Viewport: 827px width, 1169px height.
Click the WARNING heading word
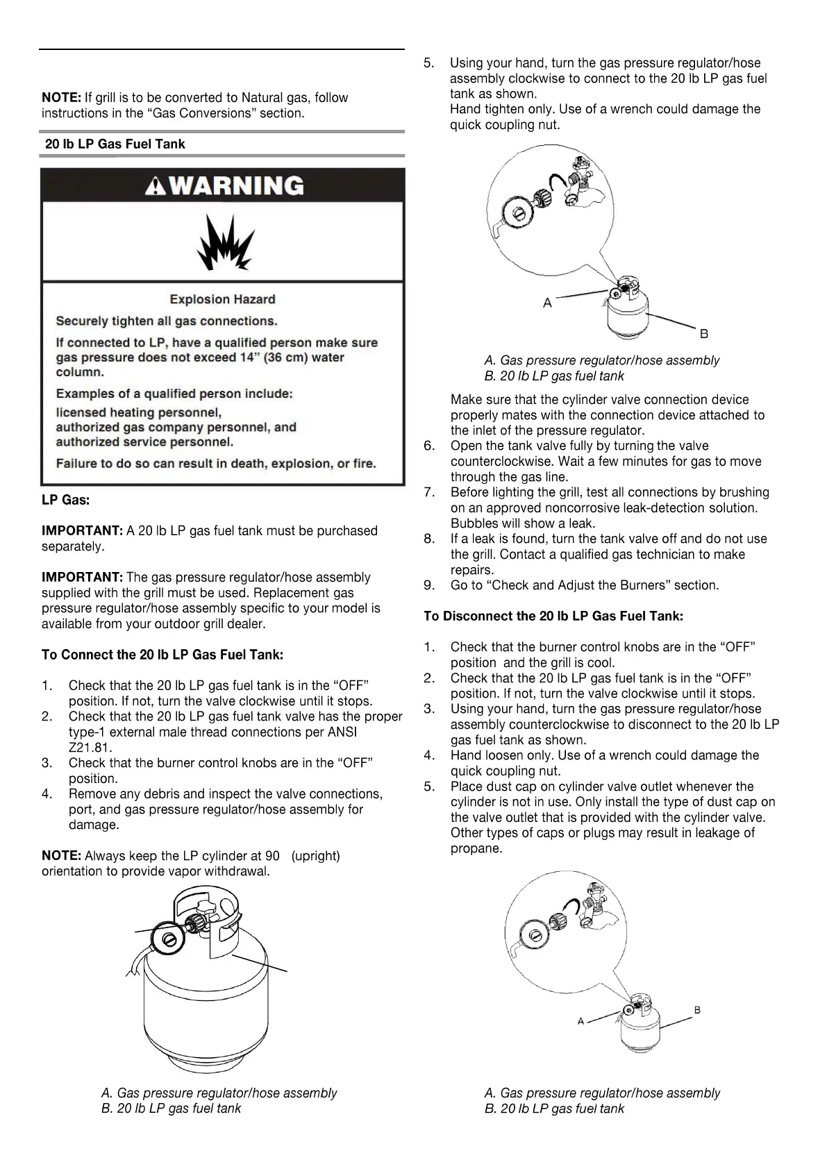point(237,186)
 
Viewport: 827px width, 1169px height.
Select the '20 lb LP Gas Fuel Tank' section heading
point(115,144)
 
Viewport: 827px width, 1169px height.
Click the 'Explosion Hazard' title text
point(222,299)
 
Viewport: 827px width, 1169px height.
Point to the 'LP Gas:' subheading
point(66,500)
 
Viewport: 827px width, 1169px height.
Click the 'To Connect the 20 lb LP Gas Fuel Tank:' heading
point(162,655)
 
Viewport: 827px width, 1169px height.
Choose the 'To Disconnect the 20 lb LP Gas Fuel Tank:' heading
point(553,616)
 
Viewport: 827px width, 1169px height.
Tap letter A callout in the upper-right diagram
point(547,303)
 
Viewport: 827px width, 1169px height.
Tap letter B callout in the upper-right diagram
point(704,334)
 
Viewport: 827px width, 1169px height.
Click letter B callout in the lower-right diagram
point(697,1010)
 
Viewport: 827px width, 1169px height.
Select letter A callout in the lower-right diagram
point(581,1021)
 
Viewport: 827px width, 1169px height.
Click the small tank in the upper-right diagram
point(631,312)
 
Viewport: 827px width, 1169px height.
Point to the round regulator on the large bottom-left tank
point(167,939)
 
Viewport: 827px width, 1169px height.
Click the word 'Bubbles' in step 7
point(472,523)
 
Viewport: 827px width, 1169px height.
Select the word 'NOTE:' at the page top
point(62,98)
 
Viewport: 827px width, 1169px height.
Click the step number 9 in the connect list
point(429,585)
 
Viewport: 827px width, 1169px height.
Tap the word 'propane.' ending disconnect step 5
point(476,848)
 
